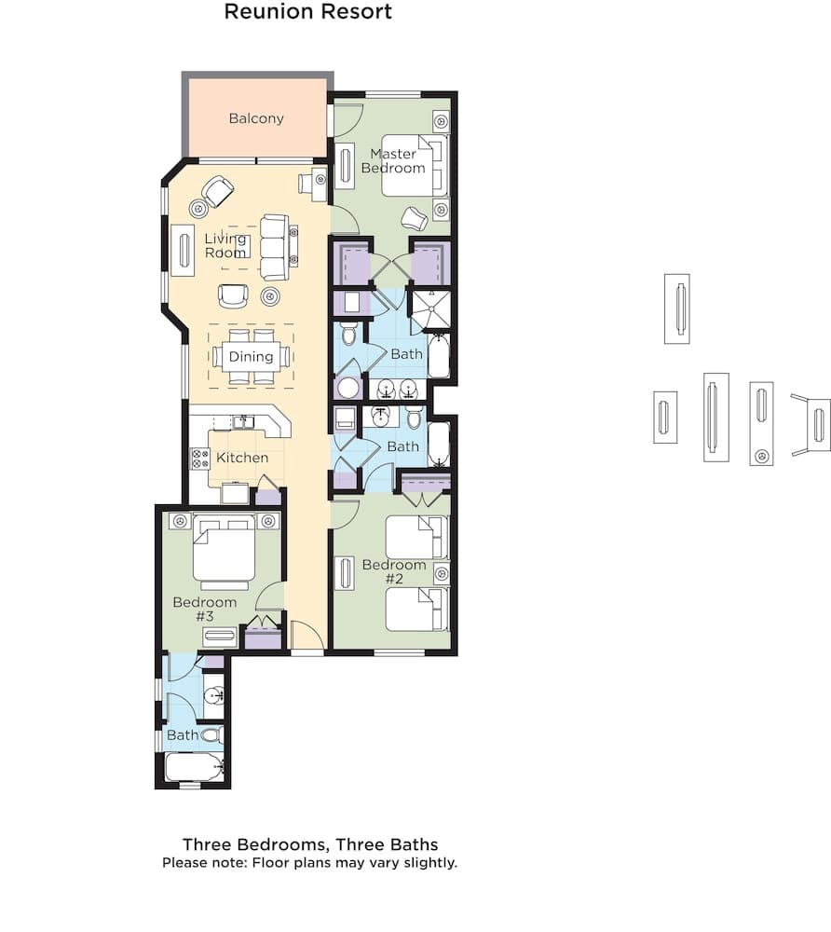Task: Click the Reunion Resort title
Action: [308, 12]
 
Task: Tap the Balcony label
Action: [256, 118]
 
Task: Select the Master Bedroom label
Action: [398, 161]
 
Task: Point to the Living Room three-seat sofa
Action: [274, 247]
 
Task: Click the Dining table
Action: [252, 356]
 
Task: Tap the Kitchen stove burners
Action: [200, 458]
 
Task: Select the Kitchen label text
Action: [242, 458]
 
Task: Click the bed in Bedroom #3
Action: [224, 552]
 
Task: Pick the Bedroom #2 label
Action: [394, 571]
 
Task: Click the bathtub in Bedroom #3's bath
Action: [194, 768]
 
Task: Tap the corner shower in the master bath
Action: [430, 310]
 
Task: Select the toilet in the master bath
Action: [349, 333]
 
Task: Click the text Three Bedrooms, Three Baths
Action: [310, 844]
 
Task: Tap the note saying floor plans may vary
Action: [309, 863]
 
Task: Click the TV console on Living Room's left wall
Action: [182, 250]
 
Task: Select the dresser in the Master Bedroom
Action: [344, 167]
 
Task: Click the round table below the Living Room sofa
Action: [270, 296]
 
